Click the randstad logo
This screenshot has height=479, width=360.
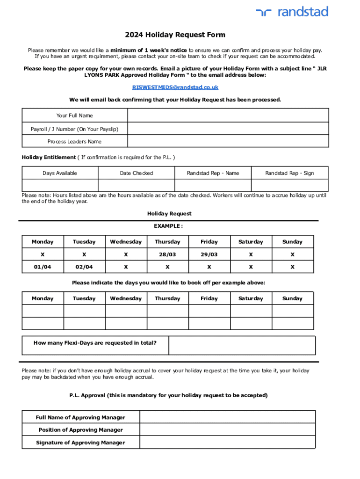click(292, 12)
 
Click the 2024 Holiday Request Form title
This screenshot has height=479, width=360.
click(175, 35)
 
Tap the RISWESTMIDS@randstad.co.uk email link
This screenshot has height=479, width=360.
click(175, 87)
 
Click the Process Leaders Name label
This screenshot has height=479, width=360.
click(74, 142)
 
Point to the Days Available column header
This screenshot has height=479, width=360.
click(60, 173)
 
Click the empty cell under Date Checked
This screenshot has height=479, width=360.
click(136, 185)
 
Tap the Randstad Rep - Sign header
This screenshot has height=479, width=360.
click(289, 173)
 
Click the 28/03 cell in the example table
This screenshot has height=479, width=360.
click(167, 254)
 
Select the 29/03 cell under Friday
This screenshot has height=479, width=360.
click(209, 254)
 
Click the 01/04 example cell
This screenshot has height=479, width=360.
click(43, 267)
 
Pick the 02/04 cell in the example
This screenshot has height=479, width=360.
click(84, 267)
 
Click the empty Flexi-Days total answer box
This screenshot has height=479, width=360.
click(242, 346)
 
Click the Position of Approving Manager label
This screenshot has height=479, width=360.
click(80, 430)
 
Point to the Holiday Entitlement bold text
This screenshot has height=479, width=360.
click(49, 157)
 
